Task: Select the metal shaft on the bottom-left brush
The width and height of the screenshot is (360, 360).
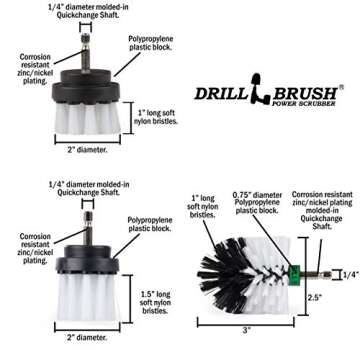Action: coord(89,220)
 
